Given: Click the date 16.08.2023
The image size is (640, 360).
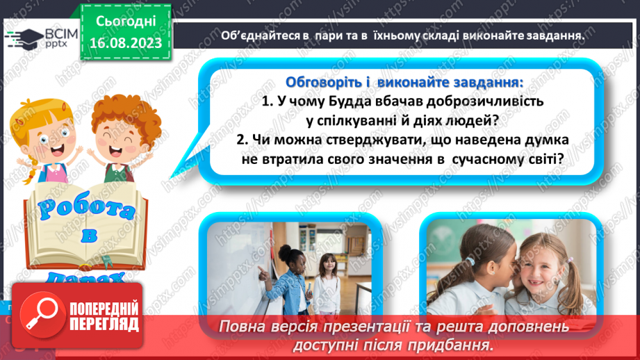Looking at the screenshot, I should [x=126, y=42].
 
